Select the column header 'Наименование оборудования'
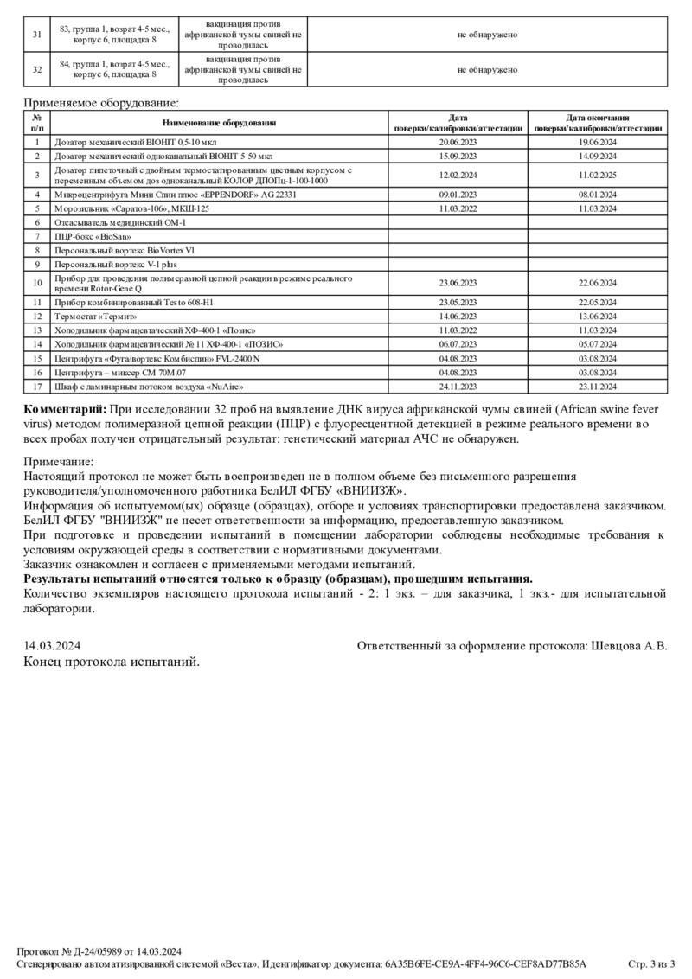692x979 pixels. click(x=219, y=123)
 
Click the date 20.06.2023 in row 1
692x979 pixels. click(x=458, y=142)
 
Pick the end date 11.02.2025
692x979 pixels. click(x=598, y=175)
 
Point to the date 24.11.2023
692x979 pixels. click(x=458, y=386)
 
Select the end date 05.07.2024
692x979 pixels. click(x=598, y=344)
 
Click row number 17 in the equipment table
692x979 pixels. click(x=37, y=386)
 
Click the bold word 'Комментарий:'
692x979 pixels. click(x=65, y=408)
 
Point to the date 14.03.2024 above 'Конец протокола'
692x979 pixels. click(x=53, y=645)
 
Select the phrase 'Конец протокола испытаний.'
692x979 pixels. click(x=111, y=662)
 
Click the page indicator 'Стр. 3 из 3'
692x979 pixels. click(x=650, y=963)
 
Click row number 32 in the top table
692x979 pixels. click(x=37, y=70)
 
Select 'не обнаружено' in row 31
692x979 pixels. click(x=488, y=35)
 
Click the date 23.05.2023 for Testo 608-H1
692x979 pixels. click(x=458, y=303)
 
